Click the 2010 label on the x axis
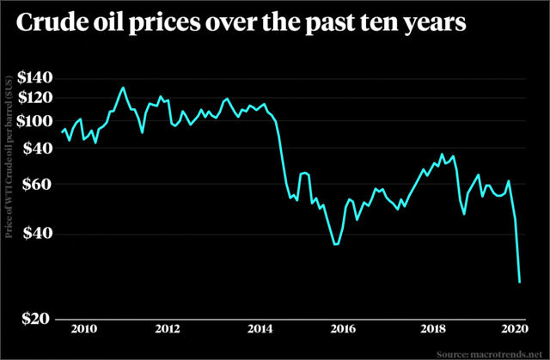pos(82,330)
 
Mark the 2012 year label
pos(168,330)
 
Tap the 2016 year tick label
pos(343,330)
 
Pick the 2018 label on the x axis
pos(430,330)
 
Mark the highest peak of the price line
pos(123,88)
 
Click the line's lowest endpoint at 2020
pos(520,282)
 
